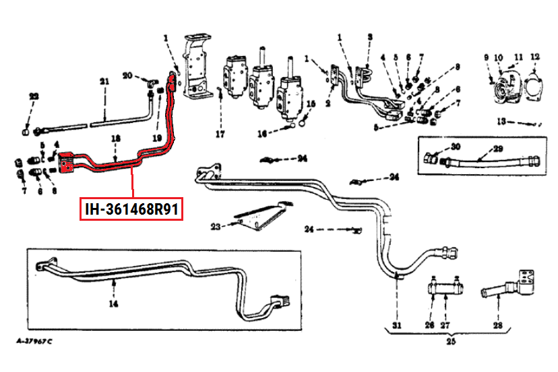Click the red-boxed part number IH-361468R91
pyautogui.click(x=131, y=209)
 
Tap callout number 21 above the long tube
pyautogui.click(x=104, y=82)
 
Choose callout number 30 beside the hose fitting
pyautogui.click(x=456, y=147)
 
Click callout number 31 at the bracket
pyautogui.click(x=397, y=326)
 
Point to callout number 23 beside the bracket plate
pyautogui.click(x=216, y=226)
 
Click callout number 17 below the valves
pyautogui.click(x=220, y=134)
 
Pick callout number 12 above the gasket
pyautogui.click(x=534, y=57)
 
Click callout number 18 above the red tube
pyautogui.click(x=116, y=138)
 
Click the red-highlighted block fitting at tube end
pyautogui.click(x=67, y=164)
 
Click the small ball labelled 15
pyautogui.click(x=303, y=122)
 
